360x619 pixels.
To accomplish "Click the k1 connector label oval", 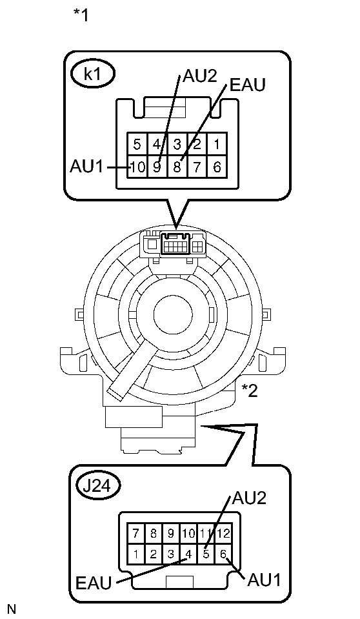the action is (93, 75).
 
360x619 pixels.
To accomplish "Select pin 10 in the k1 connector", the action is (137, 167).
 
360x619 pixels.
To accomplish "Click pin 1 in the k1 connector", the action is (217, 144).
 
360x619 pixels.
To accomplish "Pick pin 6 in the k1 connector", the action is (217, 167).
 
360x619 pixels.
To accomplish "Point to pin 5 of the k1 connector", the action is (137, 144).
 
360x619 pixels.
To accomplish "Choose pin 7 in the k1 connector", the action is (197, 167).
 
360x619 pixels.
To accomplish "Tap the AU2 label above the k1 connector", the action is (200, 76).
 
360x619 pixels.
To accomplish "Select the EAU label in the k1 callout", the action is (248, 85).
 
